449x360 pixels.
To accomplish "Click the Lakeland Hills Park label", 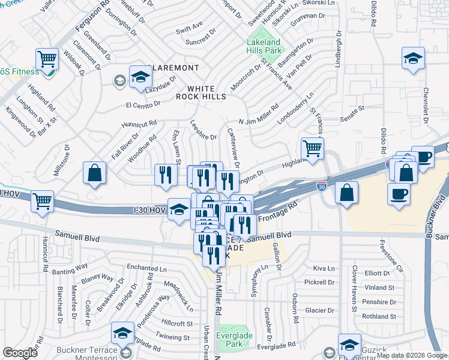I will click(264, 47).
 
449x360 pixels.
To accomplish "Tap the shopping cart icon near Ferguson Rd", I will click(47, 59).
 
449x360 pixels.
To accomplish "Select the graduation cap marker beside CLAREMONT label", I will click(140, 77).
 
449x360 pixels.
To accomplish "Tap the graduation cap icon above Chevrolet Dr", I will click(413, 58).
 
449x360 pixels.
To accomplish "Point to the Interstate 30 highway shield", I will click(322, 187).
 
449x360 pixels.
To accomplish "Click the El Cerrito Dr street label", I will click(143, 103).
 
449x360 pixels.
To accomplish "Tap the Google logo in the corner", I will click(20, 353).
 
